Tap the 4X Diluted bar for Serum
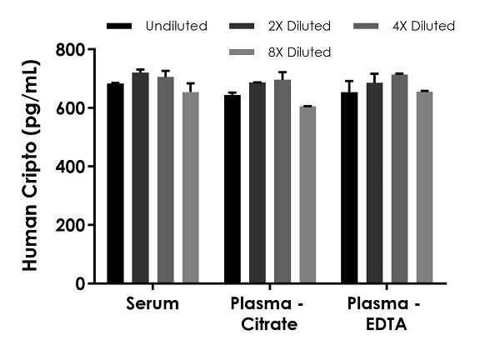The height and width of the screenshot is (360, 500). (x=166, y=180)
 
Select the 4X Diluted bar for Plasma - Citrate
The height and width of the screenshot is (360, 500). (x=283, y=182)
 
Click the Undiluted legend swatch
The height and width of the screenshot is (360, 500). (x=122, y=27)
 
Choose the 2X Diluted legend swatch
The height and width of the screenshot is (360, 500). (x=242, y=27)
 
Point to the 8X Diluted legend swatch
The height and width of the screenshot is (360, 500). (x=242, y=52)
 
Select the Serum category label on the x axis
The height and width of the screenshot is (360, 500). (x=152, y=303)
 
